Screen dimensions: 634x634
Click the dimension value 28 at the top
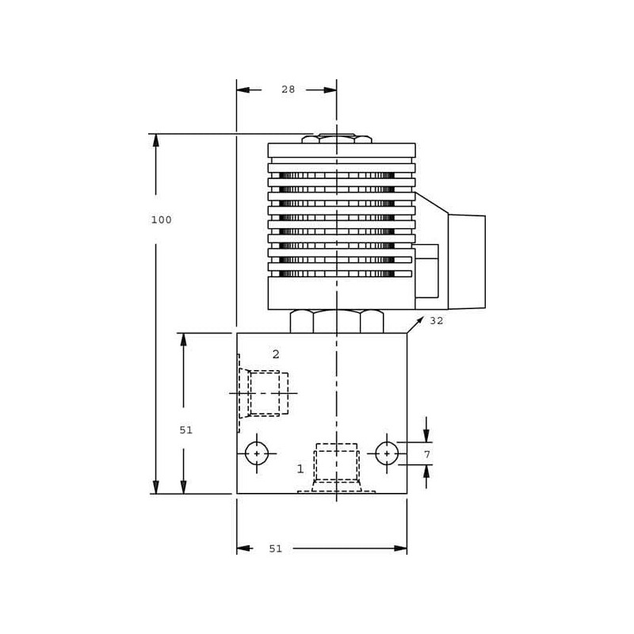tap(288, 90)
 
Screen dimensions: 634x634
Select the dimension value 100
tap(162, 220)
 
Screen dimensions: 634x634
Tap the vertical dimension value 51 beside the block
tap(186, 430)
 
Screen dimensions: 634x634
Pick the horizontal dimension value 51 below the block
tap(275, 548)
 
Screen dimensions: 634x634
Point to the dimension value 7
tap(427, 454)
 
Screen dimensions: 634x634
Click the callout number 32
tap(437, 321)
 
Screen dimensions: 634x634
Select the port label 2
tap(276, 354)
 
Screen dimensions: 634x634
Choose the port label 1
tap(300, 469)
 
